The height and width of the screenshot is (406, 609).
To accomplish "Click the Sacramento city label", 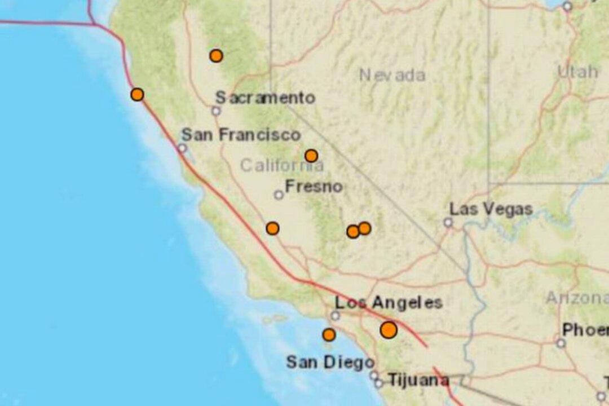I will tap(265, 98).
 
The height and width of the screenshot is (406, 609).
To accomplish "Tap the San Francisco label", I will tap(241, 135).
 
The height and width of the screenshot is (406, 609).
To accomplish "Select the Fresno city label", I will tap(314, 186).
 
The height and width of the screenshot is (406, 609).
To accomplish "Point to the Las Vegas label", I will tap(491, 209).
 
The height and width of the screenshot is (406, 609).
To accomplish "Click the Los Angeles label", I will tap(389, 303).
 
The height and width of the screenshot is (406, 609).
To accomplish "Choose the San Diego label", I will tap(330, 362).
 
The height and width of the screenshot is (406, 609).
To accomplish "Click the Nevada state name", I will tap(392, 75).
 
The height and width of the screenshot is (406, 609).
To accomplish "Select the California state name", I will tap(282, 166).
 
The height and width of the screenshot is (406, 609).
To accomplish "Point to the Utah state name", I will tap(577, 72).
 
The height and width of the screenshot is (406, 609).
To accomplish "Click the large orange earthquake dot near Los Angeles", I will tap(389, 330).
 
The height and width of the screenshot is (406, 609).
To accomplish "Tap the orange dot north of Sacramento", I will tap(216, 56).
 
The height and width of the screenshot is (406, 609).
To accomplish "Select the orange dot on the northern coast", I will tap(137, 95).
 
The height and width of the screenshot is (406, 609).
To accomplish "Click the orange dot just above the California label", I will tap(311, 156).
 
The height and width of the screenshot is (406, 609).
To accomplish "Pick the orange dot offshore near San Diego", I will tap(329, 335).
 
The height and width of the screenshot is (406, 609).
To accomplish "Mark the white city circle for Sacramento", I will tap(216, 111).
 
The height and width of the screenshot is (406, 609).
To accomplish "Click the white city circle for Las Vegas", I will tap(448, 223).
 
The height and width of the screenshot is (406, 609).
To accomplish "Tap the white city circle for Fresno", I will tap(279, 195).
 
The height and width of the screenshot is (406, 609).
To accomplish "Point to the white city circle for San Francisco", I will tap(182, 148).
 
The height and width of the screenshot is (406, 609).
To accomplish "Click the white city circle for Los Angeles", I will tap(336, 316).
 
